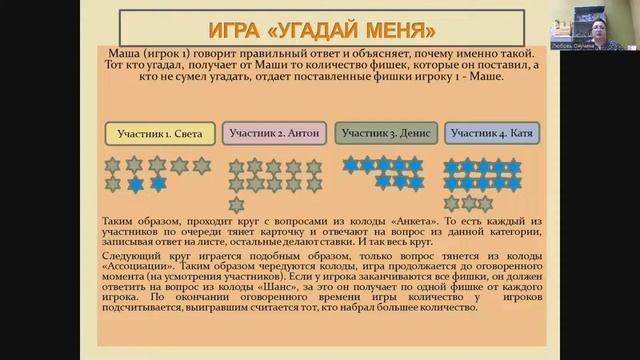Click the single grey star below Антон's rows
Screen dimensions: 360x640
coord(236,204)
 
